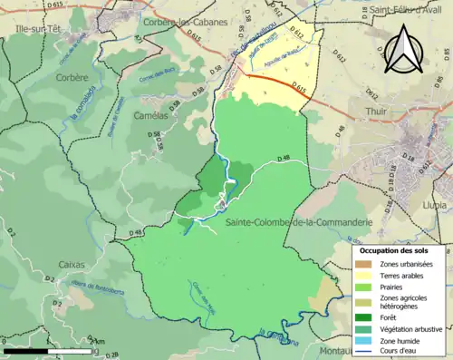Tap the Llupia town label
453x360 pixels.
[433, 206]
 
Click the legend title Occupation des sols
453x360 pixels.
[400, 249]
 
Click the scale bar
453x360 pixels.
[63, 349]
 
